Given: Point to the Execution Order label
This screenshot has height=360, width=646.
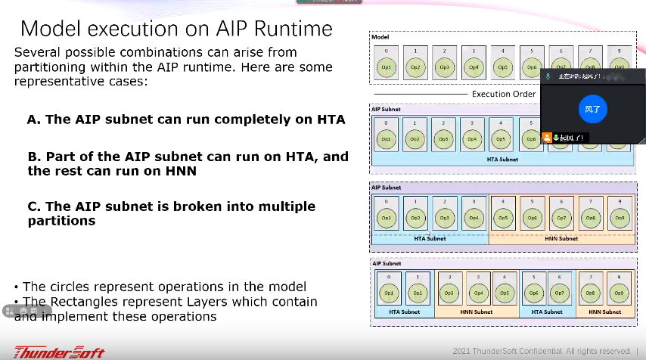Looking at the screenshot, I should coord(504,94).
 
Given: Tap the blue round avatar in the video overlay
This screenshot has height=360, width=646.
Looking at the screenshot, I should coord(594,109).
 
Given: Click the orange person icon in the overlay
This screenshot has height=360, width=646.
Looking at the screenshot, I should coord(547,138).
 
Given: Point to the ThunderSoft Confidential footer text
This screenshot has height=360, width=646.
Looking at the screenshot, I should coord(540,351).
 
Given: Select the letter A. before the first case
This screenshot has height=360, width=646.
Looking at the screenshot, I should coord(33,119).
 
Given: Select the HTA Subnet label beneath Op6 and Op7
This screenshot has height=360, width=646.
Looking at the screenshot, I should coord(546,312).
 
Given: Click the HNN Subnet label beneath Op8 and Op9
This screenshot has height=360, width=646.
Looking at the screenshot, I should coord(604,312).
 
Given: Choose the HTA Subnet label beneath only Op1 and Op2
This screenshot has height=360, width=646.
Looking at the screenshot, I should coord(404,312).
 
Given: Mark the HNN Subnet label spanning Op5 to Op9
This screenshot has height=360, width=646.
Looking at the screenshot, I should coord(561,238).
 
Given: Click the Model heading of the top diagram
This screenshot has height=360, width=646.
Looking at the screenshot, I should coord(379,36).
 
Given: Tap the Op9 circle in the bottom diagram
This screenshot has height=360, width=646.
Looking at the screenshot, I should coord(619,293).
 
